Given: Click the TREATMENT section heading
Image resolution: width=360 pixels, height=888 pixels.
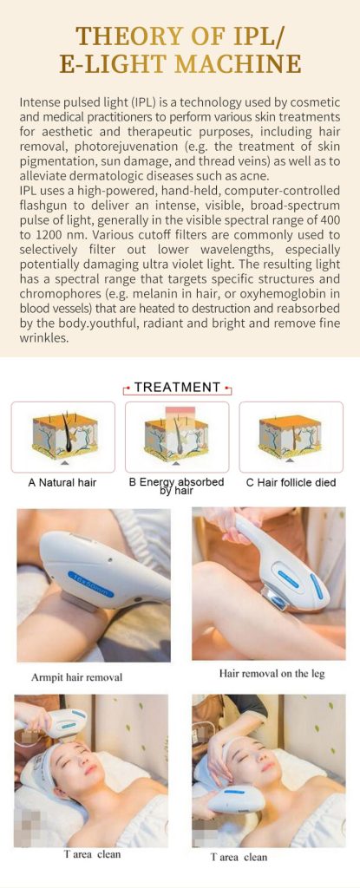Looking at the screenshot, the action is tap(178, 388).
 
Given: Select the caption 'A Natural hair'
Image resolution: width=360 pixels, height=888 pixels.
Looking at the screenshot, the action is tap(62, 482).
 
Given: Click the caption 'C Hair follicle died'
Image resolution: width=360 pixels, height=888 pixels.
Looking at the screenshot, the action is tap(291, 482).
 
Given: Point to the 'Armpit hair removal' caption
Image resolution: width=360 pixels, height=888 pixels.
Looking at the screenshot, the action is tap(76, 676).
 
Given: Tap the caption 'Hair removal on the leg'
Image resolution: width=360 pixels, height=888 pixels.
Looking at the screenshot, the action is tap(272, 674).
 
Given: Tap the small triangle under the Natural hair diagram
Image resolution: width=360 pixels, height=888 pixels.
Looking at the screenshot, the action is tap(63, 463).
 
